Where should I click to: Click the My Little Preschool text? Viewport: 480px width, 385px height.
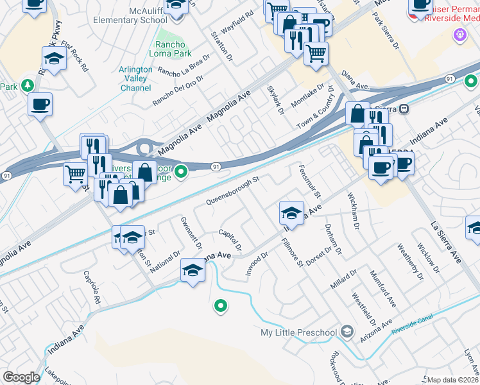coord(298,332)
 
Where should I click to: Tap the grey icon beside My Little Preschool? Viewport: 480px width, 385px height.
coord(347,332)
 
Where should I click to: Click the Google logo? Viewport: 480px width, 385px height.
coord(21,377)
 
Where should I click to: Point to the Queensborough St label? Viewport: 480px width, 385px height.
coord(232,191)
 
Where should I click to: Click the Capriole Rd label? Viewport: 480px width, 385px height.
coord(92,287)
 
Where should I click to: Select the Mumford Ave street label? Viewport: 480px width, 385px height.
coord(382,288)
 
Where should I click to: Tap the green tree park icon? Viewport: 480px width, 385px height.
coord(27,85)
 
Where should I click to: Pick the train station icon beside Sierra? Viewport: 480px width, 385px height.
coord(404,108)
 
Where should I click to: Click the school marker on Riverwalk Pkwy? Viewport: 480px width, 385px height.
coord(55,60)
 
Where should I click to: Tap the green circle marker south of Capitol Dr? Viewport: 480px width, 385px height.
coord(221,307)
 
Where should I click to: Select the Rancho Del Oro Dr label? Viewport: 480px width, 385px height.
coord(178,90)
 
